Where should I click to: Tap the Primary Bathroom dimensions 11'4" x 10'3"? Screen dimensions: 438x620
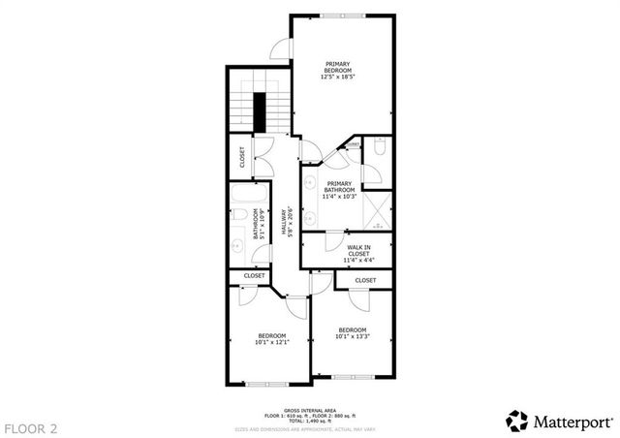(339, 197)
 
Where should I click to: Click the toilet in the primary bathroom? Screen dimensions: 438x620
(380, 149)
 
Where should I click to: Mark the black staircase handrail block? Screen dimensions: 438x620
(259, 111)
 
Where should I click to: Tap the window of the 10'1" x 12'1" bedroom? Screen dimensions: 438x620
(266, 384)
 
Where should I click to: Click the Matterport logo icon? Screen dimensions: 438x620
(517, 421)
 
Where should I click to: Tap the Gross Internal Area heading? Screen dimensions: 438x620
(311, 409)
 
